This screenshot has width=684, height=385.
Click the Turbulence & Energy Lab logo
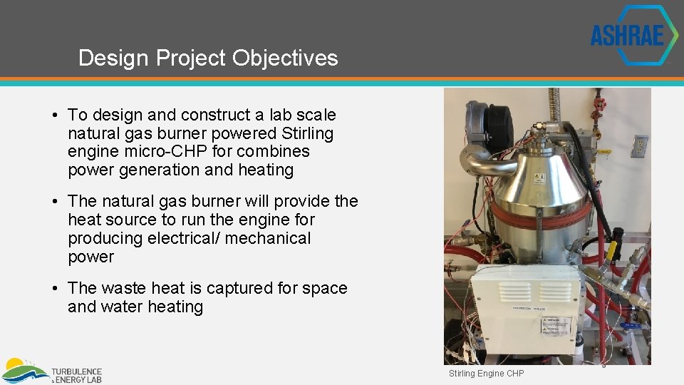(52, 372)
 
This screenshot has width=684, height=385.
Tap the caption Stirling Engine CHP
(486, 374)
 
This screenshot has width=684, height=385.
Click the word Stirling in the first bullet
(308, 133)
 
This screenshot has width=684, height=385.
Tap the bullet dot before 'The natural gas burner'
(55, 202)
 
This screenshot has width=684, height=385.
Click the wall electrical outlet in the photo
(638, 146)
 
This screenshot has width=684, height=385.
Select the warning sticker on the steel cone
(539, 178)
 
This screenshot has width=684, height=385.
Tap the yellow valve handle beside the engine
(611, 250)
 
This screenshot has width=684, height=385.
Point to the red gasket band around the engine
(541, 212)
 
